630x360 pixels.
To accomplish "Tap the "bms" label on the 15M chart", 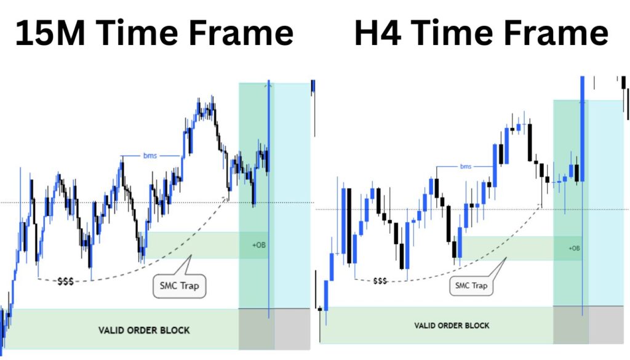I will pyautogui.click(x=150, y=156).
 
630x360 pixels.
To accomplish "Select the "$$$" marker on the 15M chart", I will pyautogui.click(x=65, y=281).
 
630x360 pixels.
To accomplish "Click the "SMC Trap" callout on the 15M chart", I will pyautogui.click(x=179, y=286).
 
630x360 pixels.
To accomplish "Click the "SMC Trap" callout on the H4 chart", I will pyautogui.click(x=471, y=286).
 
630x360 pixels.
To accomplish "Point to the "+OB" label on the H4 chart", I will pyautogui.click(x=574, y=248).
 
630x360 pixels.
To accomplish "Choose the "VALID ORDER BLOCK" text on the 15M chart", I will pyautogui.click(x=144, y=330).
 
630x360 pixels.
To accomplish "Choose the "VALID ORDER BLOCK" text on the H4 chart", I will pyautogui.click(x=452, y=325).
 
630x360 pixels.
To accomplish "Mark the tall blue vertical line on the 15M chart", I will pyautogui.click(x=269, y=203).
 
